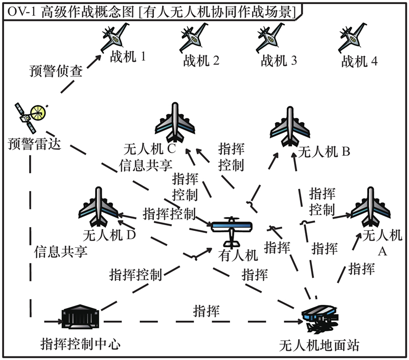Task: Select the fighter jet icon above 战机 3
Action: coord(271,37)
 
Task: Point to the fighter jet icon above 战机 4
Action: coord(353,37)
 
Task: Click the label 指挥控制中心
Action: coord(80,344)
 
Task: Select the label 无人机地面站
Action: coord(319,345)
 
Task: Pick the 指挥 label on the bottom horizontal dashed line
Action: coord(207,310)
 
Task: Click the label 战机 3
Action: coord(279,61)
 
